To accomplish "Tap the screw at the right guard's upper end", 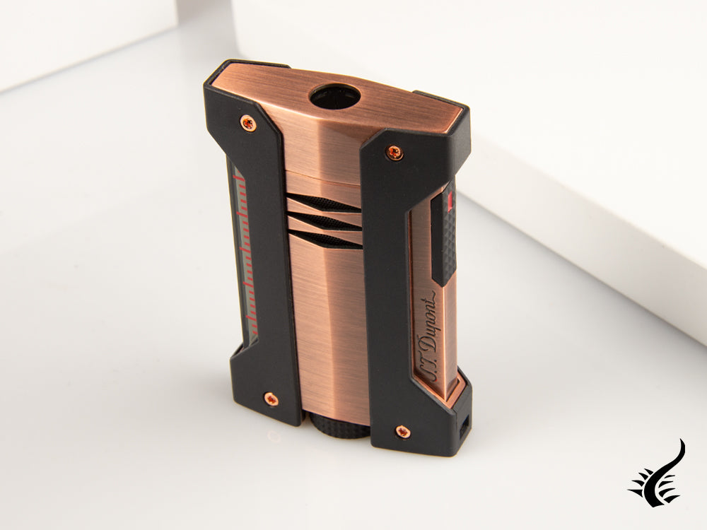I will (395, 151).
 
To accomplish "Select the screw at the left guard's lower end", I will (271, 400).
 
